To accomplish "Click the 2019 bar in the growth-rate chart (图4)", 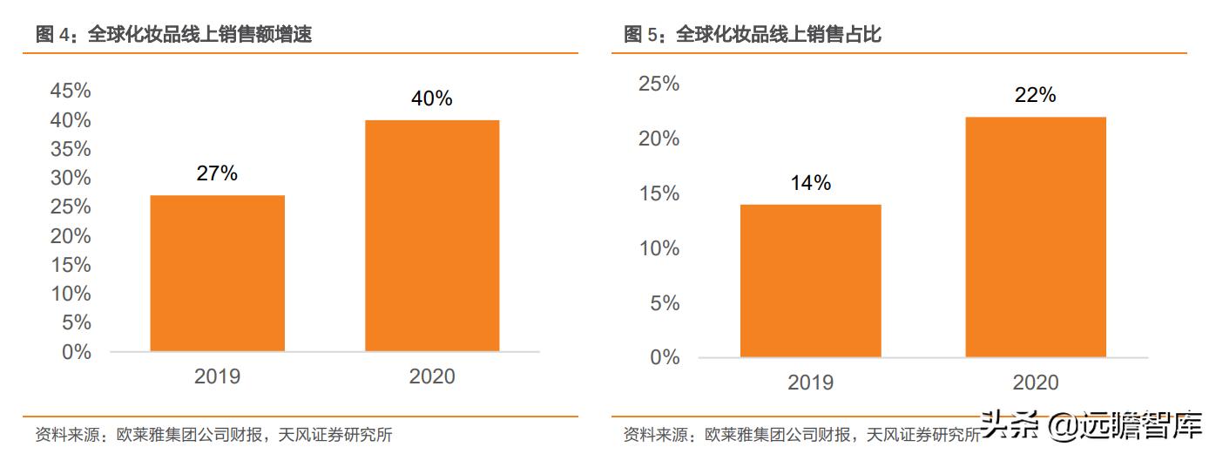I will pyautogui.click(x=217, y=273).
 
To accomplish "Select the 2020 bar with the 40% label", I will pyautogui.click(x=432, y=235).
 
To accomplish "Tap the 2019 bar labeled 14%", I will pyautogui.click(x=810, y=281).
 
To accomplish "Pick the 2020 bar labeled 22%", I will pyautogui.click(x=1035, y=237).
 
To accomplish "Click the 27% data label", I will pyautogui.click(x=217, y=173).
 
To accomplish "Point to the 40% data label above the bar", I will pyautogui.click(x=432, y=98).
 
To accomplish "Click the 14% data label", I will pyautogui.click(x=810, y=183).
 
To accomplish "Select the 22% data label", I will pyautogui.click(x=1035, y=95).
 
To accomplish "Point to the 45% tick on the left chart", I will pyautogui.click(x=71, y=91).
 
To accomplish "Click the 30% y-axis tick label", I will pyautogui.click(x=71, y=178).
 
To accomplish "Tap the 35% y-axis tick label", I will pyautogui.click(x=71, y=149).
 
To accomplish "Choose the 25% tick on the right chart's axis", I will pyautogui.click(x=659, y=84).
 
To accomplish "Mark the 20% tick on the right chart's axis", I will pyautogui.click(x=659, y=139).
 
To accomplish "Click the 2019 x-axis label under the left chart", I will pyautogui.click(x=217, y=376).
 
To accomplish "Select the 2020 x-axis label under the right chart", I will pyautogui.click(x=1035, y=383).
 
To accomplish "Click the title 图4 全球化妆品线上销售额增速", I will pyautogui.click(x=173, y=35).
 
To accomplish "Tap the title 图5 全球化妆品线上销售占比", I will pyautogui.click(x=753, y=35).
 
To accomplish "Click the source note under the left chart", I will pyautogui.click(x=213, y=434).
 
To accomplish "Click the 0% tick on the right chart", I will pyautogui.click(x=665, y=357).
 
